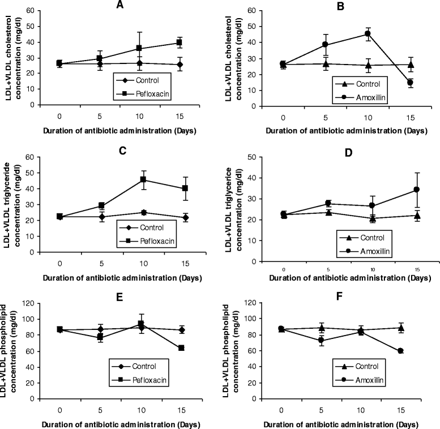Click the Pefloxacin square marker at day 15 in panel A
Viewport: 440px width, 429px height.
180,42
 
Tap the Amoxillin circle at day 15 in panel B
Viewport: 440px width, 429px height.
410,83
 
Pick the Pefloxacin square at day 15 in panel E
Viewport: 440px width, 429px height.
181,348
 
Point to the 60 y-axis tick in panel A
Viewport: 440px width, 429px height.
36,10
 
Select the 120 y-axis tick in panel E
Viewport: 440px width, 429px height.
34,303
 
